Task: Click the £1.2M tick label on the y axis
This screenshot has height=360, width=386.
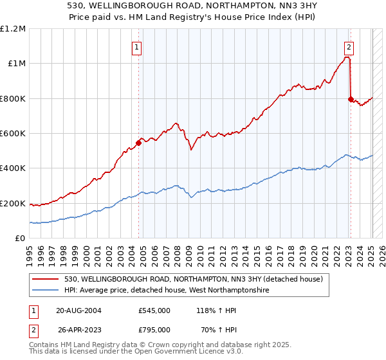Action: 13,29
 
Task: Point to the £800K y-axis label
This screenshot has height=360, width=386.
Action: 13,99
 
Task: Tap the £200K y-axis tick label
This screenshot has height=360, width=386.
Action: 13,204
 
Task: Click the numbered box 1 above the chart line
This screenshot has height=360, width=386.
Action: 138,46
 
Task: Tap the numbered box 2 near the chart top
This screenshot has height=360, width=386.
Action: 349,46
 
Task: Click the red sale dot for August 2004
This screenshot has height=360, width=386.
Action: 138,143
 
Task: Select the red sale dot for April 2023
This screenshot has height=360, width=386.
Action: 351,99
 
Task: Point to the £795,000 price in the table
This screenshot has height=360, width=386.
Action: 154,329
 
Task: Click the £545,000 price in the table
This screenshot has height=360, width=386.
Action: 154,310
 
